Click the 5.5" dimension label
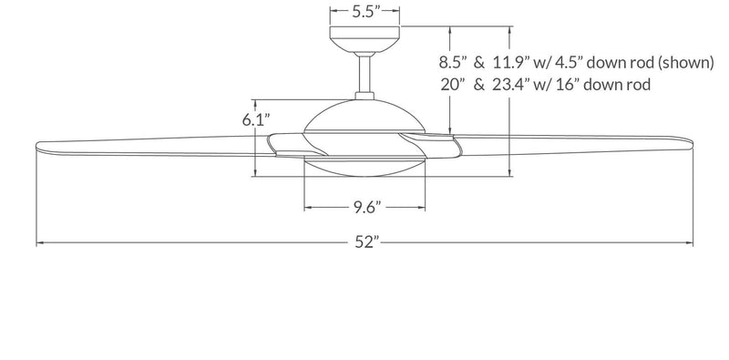[366, 11]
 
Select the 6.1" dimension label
[256, 119]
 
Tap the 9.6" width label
[366, 208]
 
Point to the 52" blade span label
[364, 242]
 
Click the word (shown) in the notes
[685, 62]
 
